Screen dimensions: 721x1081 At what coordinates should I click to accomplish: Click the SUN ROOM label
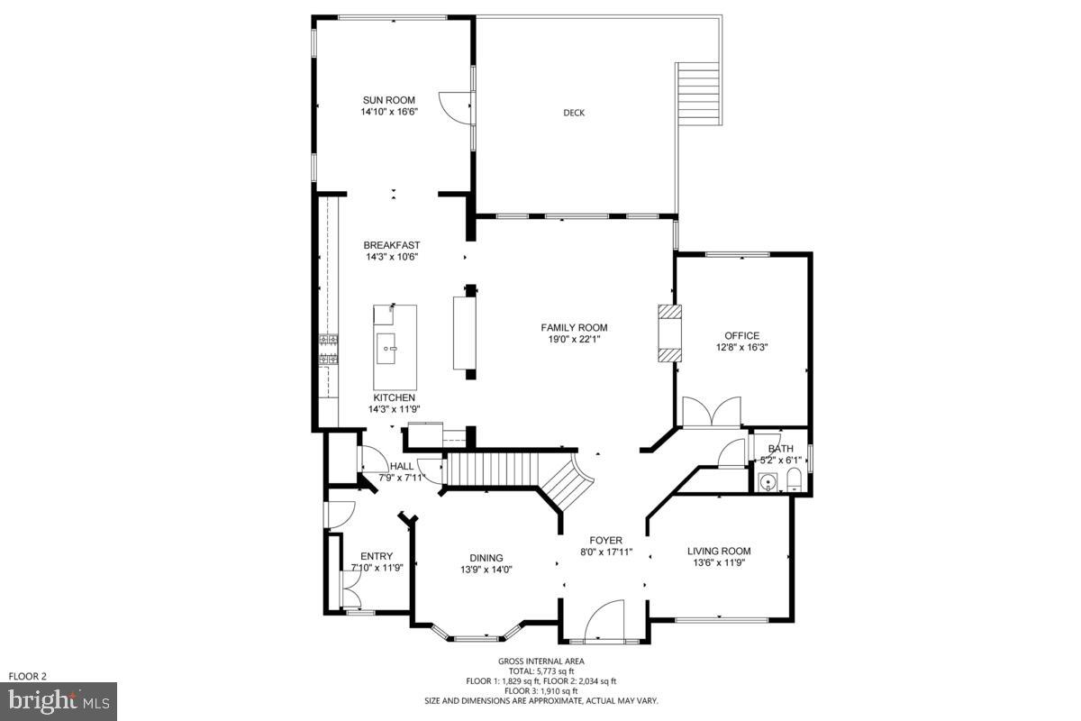[388, 100]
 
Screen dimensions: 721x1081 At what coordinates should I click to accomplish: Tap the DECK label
[574, 113]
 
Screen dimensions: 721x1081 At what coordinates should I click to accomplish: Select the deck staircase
[698, 93]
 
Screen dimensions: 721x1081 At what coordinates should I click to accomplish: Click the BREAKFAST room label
[392, 245]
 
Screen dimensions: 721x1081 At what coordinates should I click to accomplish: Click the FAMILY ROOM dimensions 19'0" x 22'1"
[574, 340]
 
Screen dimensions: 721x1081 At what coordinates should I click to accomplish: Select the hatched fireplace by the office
[669, 333]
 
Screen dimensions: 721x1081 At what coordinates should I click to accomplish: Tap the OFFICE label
[743, 335]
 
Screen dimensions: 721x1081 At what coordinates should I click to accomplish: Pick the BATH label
[780, 448]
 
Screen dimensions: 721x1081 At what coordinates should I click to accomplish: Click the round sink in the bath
[768, 483]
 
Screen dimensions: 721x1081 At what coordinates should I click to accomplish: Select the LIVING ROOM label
[719, 551]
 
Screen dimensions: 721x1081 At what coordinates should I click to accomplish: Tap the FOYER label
[606, 540]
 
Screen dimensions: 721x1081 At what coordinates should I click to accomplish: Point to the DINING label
[486, 557]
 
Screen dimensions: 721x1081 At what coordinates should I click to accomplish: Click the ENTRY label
[377, 556]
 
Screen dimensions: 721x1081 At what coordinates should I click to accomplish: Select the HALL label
[402, 466]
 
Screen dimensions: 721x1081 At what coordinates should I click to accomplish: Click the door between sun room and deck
[457, 106]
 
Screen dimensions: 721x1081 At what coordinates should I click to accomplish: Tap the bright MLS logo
[59, 700]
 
